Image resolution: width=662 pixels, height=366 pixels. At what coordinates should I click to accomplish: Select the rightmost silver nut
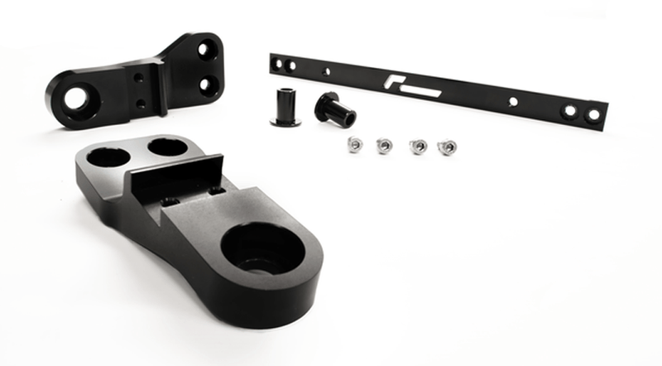[447, 147]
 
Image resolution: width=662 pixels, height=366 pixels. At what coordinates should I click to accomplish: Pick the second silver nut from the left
[384, 146]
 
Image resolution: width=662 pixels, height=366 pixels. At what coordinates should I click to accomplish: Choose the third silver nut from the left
[418, 147]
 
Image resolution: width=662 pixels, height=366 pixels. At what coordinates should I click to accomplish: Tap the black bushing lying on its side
[335, 108]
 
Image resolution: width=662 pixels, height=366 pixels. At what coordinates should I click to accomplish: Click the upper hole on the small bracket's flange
[205, 51]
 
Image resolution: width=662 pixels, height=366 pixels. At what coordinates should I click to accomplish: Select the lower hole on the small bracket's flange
[208, 83]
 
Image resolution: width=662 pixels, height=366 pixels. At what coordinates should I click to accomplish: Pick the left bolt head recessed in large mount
[170, 201]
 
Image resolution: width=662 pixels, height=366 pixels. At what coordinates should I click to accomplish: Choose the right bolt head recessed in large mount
[218, 192]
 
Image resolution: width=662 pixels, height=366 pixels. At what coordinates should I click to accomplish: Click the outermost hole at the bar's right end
[593, 115]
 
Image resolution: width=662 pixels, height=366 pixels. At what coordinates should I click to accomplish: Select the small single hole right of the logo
[513, 101]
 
